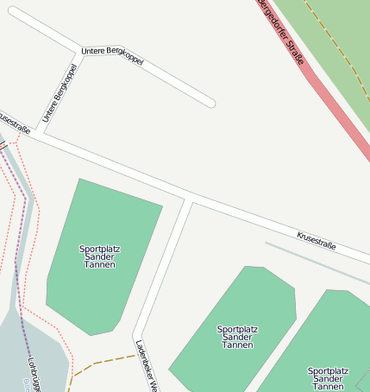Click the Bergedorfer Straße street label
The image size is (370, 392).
click(282, 33)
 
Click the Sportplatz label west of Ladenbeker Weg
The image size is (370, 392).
click(100, 256)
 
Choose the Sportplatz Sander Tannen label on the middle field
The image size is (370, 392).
click(237, 337)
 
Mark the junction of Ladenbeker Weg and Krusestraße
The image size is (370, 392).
click(190, 201)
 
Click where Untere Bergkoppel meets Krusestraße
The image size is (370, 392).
click(40, 133)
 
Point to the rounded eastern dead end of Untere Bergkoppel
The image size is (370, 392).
click(210, 103)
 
